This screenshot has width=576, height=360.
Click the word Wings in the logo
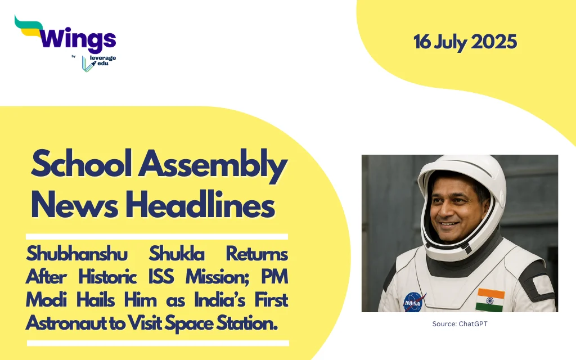point(78,39)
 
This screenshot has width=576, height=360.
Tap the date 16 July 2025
point(465,42)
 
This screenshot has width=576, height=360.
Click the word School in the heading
point(82,164)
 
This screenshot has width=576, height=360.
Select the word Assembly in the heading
point(213,166)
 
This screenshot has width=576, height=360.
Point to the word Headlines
point(200,204)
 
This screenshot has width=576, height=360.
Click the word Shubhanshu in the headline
point(76,254)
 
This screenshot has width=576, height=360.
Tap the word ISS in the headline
point(161,277)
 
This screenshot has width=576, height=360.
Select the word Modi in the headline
point(46,300)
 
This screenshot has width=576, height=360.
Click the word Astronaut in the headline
point(72,323)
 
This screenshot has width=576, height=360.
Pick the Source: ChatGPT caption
point(460,323)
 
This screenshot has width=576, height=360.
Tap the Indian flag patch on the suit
point(490,300)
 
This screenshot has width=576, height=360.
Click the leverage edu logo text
point(102,61)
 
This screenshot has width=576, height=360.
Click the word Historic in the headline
point(107,277)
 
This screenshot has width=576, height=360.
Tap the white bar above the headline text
point(157,237)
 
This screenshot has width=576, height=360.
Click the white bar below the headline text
point(158,343)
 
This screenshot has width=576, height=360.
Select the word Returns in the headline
point(256,254)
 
